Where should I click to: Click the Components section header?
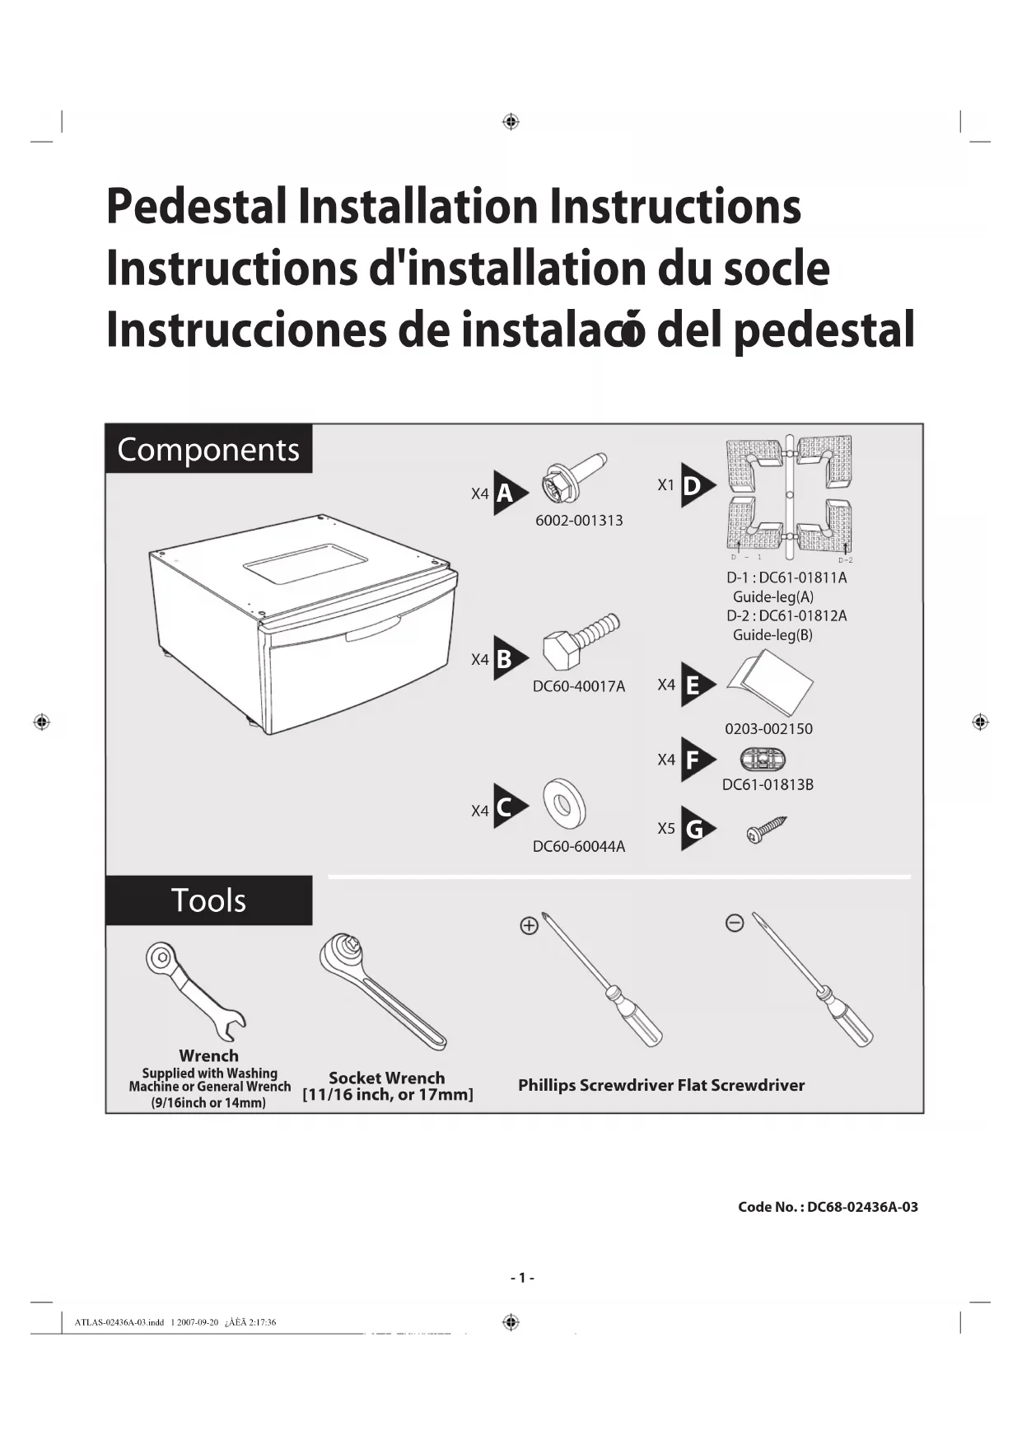[x=208, y=449]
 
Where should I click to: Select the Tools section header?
[x=208, y=900]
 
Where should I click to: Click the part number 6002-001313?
[x=579, y=521]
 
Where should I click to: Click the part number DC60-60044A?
[x=579, y=847]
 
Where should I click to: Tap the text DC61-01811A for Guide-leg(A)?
[x=803, y=578]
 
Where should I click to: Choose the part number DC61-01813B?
[x=768, y=785]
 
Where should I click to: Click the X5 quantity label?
[x=666, y=829]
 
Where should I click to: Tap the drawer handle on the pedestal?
[x=372, y=632]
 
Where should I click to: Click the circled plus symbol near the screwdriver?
[x=529, y=926]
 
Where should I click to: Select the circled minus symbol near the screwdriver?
[x=735, y=924]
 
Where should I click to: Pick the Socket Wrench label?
[x=387, y=1078]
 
